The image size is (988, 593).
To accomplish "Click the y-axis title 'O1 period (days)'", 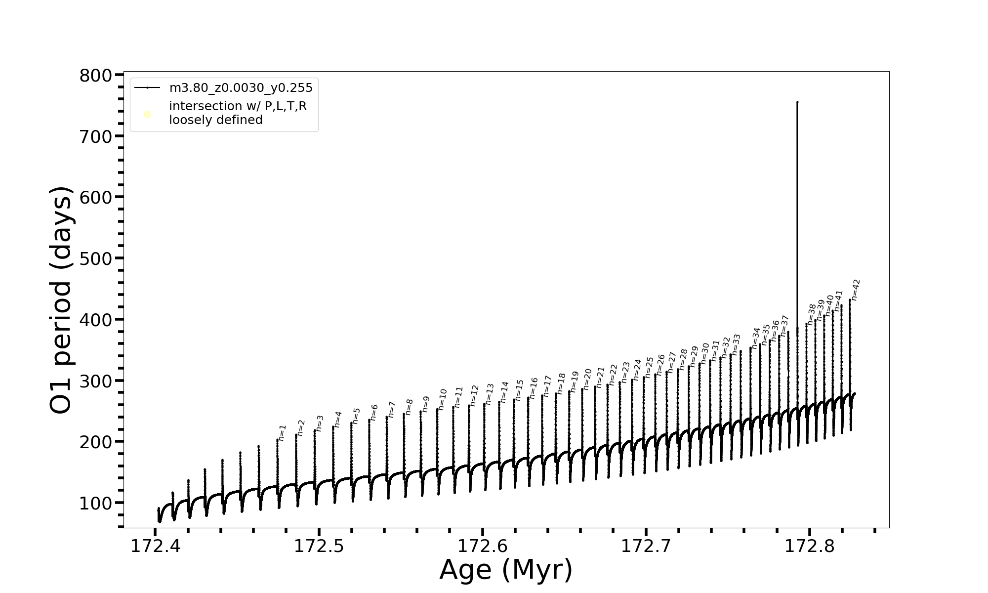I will pyautogui.click(x=61, y=300).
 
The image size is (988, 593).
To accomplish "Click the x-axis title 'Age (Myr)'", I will pyautogui.click(x=506, y=569).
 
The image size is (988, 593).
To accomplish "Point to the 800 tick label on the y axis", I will pyautogui.click(x=95, y=76).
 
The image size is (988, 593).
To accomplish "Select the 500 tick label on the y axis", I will pyautogui.click(x=95, y=258).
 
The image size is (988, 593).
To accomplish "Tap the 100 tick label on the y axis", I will pyautogui.click(x=95, y=503).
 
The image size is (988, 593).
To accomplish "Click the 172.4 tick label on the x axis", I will pyautogui.click(x=155, y=546).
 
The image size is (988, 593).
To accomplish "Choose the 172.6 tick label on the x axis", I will pyautogui.click(x=482, y=546).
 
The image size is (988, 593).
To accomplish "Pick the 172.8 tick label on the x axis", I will pyautogui.click(x=809, y=546).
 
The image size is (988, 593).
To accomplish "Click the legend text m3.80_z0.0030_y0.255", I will pyautogui.click(x=241, y=88).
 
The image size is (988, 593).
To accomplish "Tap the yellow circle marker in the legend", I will pyautogui.click(x=147, y=115).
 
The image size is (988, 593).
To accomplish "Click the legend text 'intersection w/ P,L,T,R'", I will pyautogui.click(x=238, y=106).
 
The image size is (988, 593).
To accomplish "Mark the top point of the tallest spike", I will pyautogui.click(x=797, y=102).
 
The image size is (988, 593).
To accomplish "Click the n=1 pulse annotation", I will pyautogui.click(x=282, y=432).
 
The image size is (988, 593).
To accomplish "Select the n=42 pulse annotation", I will pyautogui.click(x=856, y=290).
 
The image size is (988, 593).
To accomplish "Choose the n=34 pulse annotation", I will pyautogui.click(x=755, y=338).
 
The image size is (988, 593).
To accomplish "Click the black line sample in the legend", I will pyautogui.click(x=147, y=88).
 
